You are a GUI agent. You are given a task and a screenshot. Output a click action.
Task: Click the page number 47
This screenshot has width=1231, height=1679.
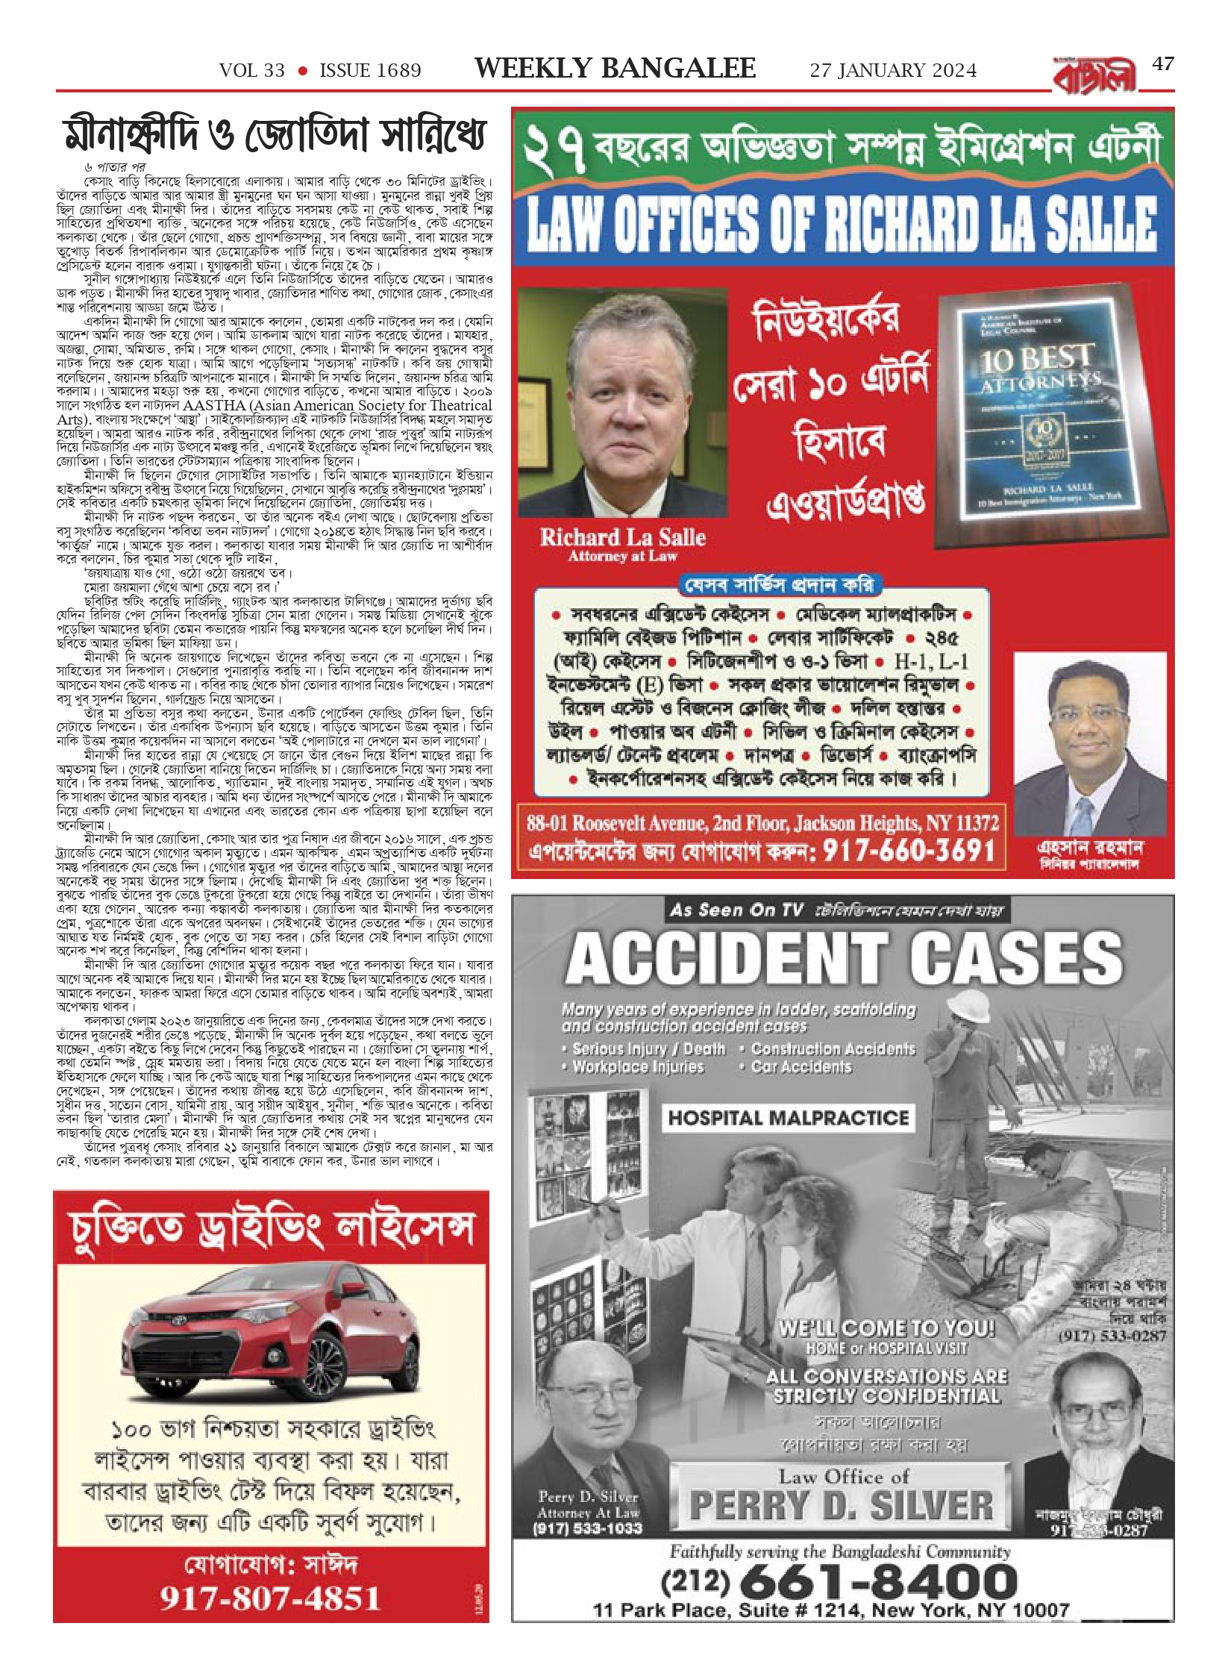[x=1163, y=64]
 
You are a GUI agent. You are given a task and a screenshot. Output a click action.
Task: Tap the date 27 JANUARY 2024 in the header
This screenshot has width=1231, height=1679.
[x=893, y=70]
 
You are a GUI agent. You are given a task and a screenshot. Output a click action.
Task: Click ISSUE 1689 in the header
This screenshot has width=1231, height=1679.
[x=370, y=71]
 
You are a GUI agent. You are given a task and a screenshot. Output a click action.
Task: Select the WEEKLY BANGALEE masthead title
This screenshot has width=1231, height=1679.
[x=615, y=69]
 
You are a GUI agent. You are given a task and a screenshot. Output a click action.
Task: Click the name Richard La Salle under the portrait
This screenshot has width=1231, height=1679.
[x=622, y=537]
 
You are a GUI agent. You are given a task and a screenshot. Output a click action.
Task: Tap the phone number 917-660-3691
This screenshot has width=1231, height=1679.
[x=909, y=852]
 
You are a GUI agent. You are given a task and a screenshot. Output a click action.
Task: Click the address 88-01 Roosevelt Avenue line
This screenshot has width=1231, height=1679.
[x=762, y=823]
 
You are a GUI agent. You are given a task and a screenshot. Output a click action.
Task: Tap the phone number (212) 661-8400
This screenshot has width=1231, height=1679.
[x=840, y=1583]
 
